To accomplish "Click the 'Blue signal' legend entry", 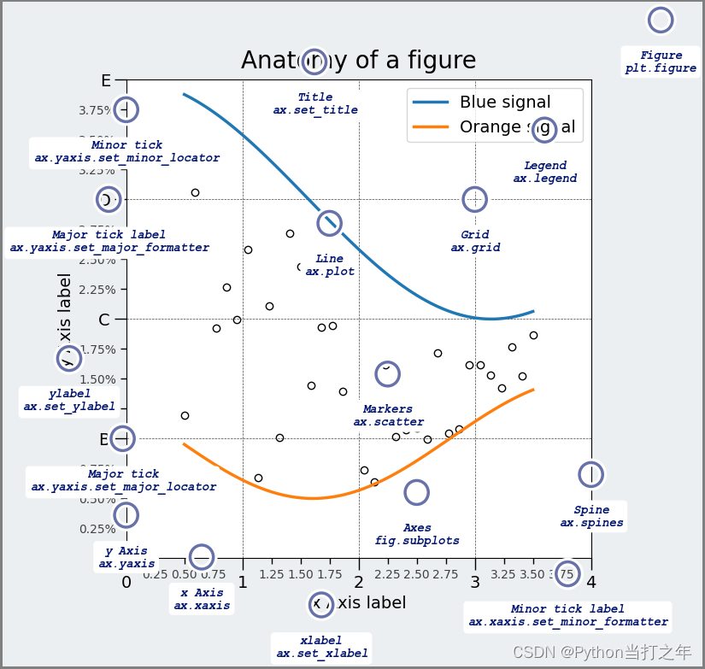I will tap(504, 103).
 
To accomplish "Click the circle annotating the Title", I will tap(314, 61).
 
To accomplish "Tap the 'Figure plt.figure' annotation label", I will tap(661, 62).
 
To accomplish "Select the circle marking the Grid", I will tap(475, 199).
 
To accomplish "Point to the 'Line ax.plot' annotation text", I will tap(330, 265).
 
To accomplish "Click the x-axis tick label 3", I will tap(475, 582).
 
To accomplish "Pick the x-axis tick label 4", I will tap(590, 582).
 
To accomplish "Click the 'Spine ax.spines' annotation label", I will tap(591, 516).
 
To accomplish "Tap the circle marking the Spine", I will tap(590, 474).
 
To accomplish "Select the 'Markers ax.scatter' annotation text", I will tap(388, 415).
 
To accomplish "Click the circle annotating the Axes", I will tap(416, 492).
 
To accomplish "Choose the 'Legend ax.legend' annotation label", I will tap(545, 172).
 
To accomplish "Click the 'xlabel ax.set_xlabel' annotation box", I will tap(321, 647).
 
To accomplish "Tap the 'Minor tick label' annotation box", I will tap(567, 615).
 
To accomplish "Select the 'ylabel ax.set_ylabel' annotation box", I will tap(69, 400).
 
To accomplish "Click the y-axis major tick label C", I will tap(105, 320).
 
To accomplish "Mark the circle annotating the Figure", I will tap(661, 20).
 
